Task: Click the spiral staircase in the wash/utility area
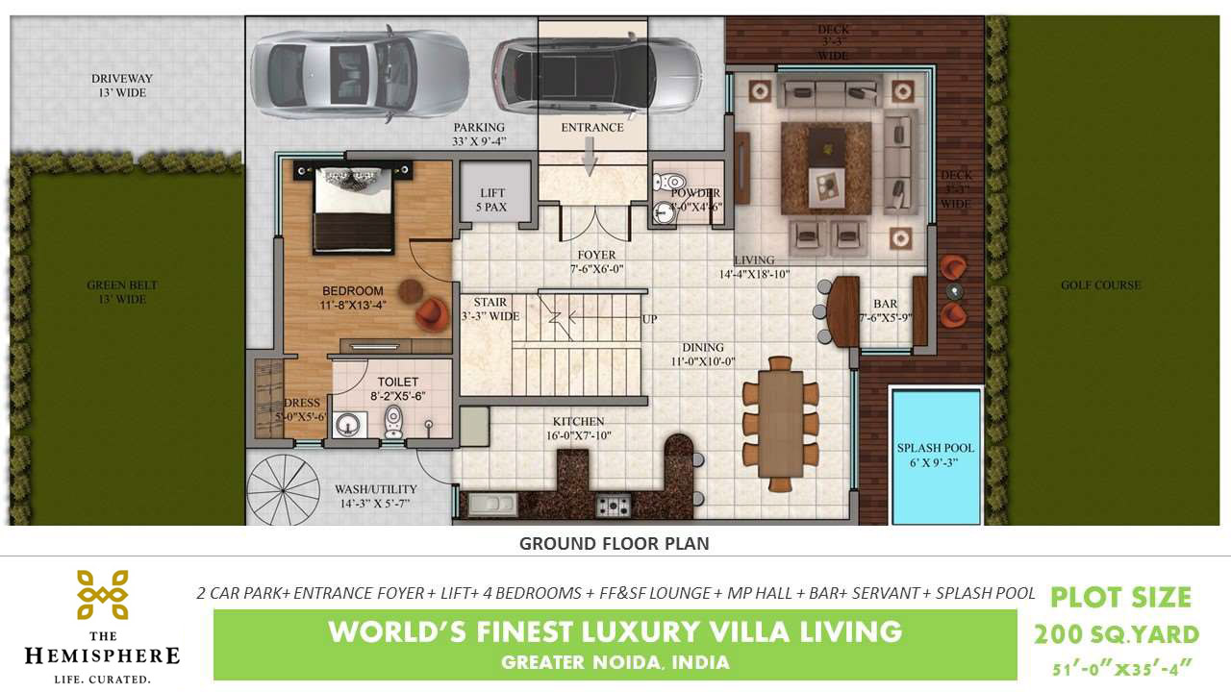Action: (x=283, y=490)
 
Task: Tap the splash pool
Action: (x=936, y=456)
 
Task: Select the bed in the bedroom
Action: (x=353, y=208)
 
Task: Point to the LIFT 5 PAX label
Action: (x=491, y=200)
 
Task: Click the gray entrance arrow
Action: (x=590, y=156)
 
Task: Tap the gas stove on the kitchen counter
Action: (x=614, y=506)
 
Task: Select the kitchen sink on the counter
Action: (x=491, y=504)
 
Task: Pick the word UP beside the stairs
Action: (x=649, y=318)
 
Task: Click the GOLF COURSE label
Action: (x=1101, y=285)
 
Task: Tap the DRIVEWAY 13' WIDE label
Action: (x=122, y=86)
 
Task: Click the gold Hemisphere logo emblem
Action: (x=103, y=595)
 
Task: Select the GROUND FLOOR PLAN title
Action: (x=614, y=543)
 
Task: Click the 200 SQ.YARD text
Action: (x=1117, y=635)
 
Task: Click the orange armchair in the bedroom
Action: (x=432, y=314)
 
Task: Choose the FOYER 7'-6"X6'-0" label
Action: (x=596, y=262)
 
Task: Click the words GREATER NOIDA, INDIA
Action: (x=615, y=662)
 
